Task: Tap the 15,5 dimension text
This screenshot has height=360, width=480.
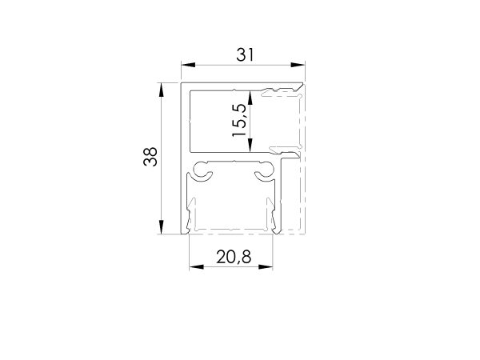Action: [239, 121]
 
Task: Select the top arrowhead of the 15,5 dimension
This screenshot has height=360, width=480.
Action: [250, 95]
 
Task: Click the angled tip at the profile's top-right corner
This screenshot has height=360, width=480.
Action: [301, 86]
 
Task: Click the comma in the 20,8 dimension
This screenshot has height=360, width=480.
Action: [234, 262]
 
